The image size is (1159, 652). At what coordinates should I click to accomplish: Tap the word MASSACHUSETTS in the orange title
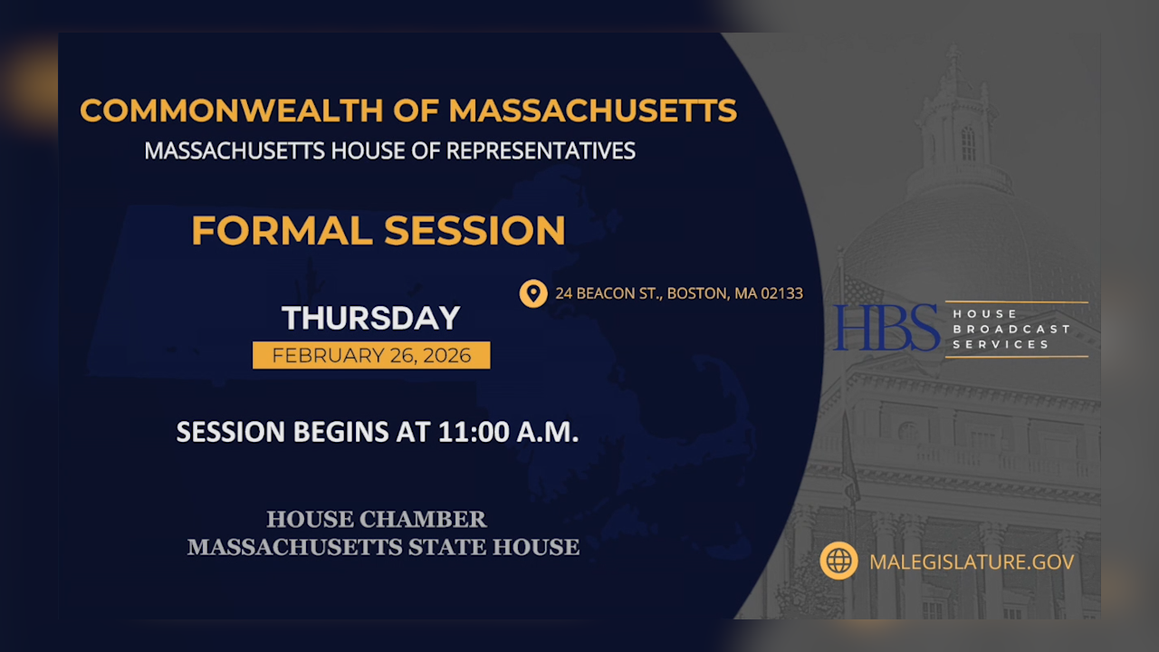pos(592,110)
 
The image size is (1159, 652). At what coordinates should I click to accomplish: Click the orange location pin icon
pos(533,293)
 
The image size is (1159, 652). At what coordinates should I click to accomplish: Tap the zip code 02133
pos(780,293)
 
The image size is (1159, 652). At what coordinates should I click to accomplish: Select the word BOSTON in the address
pos(696,293)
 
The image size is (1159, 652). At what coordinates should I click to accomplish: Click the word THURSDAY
pos(371,318)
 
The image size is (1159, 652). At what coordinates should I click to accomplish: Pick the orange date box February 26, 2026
pos(371,355)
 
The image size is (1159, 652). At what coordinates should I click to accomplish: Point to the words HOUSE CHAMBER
pos(377,520)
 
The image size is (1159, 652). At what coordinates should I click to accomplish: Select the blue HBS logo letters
pos(887,328)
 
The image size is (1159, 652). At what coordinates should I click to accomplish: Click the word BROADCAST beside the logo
pos(1011,329)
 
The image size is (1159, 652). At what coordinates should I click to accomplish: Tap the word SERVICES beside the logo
pos(1001,344)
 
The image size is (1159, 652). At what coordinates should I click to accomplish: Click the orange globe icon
pos(838,561)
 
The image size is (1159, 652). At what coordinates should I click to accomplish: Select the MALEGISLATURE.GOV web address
pos(972,561)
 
